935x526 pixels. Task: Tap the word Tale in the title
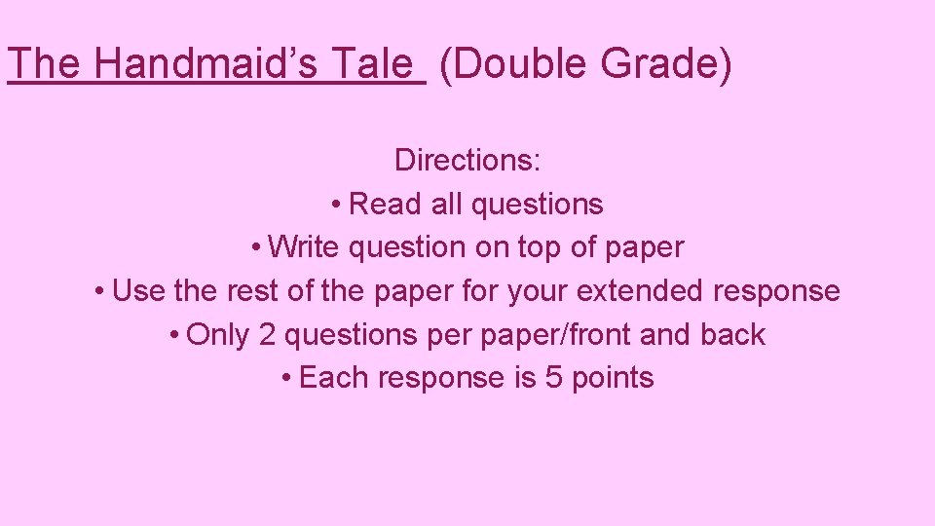373,64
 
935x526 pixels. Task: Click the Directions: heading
467,160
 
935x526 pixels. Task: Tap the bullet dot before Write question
255,247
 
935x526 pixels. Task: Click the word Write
305,247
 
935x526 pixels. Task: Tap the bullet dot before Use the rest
101,291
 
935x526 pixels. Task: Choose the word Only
218,335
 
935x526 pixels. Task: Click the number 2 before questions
267,335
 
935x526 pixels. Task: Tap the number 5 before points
553,378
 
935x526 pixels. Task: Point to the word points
613,379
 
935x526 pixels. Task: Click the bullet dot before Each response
286,378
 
